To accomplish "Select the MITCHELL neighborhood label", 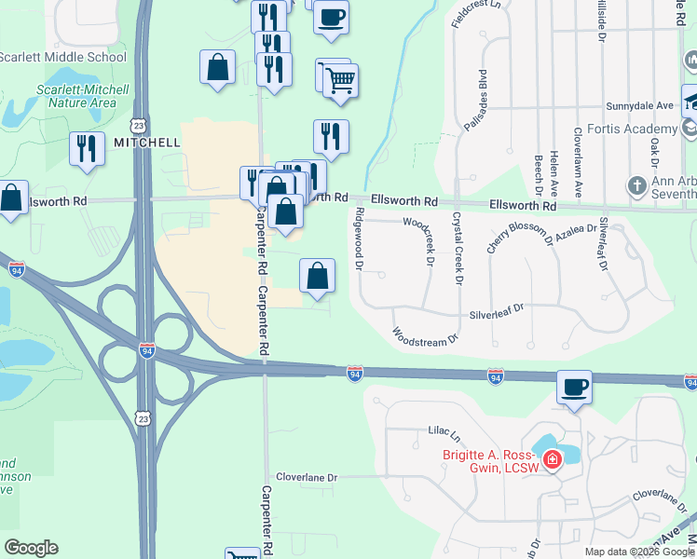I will tap(146, 143).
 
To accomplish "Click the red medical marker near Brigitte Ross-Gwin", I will tap(552, 460).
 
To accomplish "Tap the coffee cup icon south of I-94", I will tap(574, 387).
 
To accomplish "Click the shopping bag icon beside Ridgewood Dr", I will tap(317, 276).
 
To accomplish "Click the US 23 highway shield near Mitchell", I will tap(138, 124).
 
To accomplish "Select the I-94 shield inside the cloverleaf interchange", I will tap(147, 350).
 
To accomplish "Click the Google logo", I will tap(32, 548).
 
